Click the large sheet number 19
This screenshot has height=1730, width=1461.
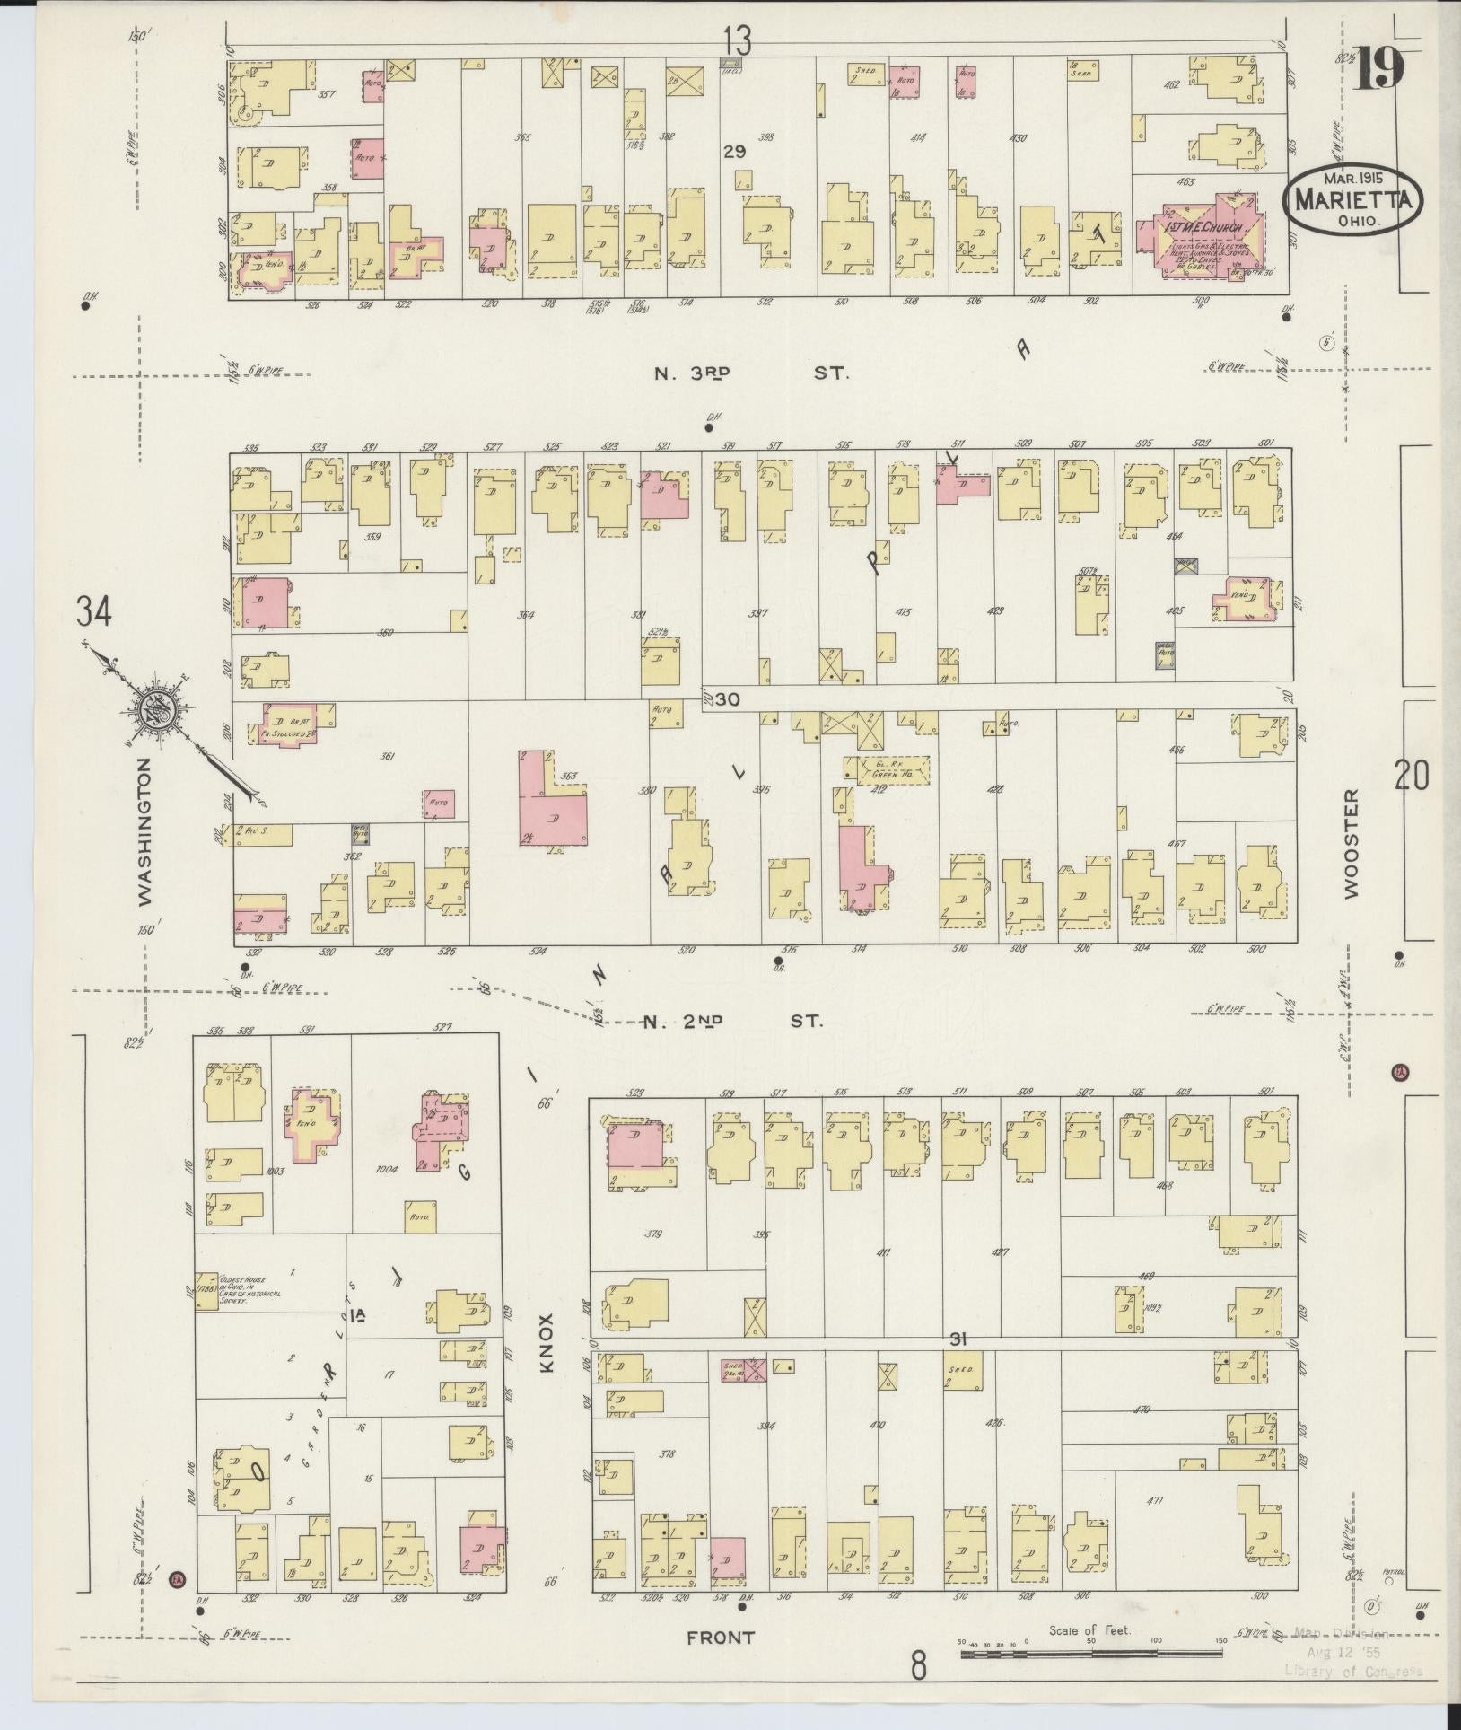click(1378, 67)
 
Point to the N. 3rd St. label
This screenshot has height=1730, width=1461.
click(751, 371)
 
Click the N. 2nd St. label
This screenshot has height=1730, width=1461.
click(733, 1021)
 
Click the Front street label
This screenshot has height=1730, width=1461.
click(720, 1638)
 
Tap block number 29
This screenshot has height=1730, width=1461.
click(735, 153)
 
